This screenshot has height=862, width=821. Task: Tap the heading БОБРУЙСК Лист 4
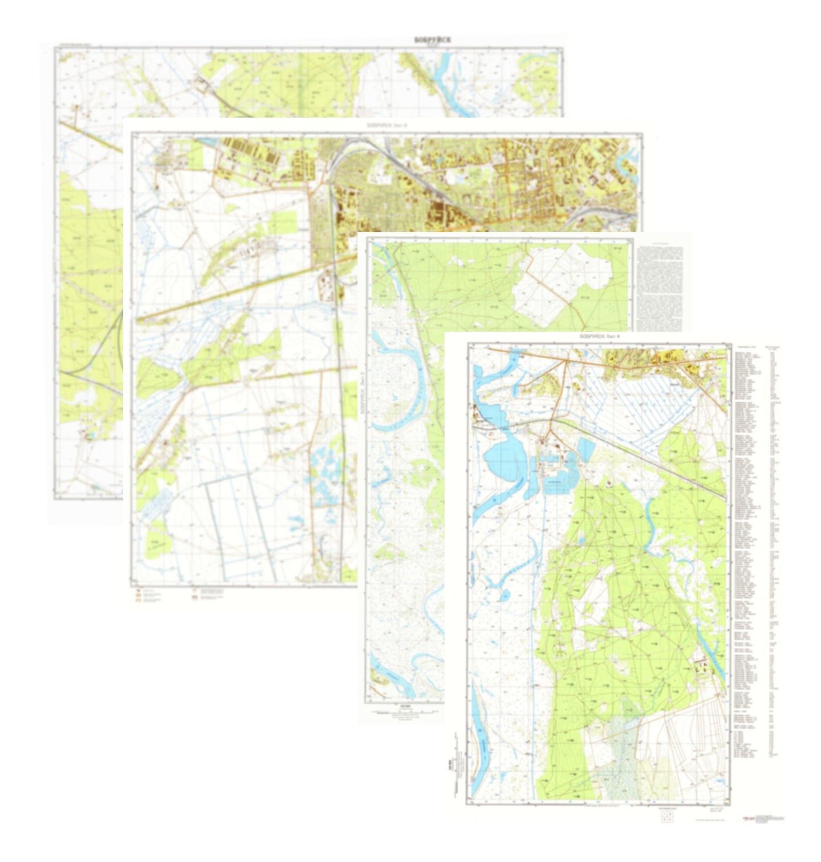coord(601,336)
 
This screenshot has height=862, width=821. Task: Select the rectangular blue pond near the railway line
coord(586,449)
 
